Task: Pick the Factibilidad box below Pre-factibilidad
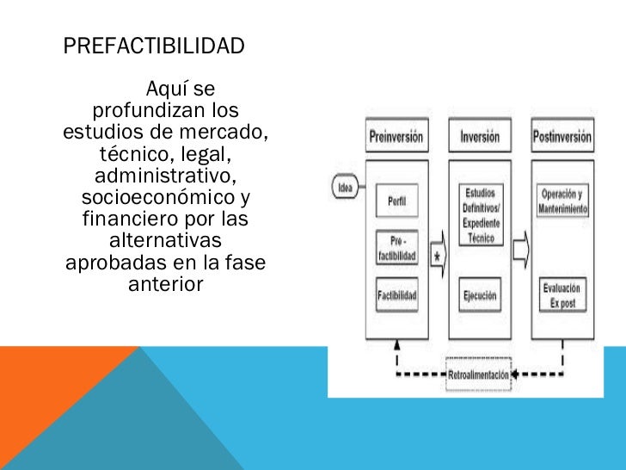(397, 295)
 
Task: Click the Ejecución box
(480, 295)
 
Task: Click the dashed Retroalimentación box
(479, 374)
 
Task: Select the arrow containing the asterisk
(437, 257)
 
